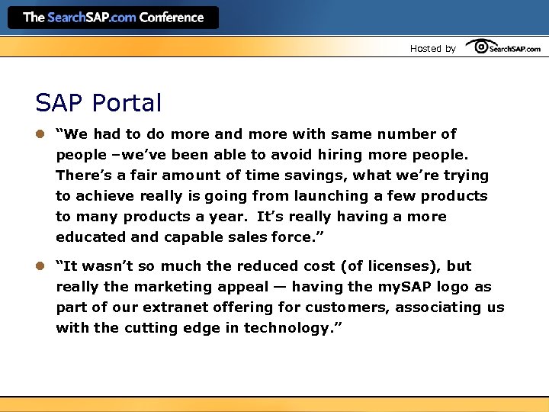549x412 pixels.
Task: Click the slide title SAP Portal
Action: [98, 103]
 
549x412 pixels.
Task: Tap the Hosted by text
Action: [432, 49]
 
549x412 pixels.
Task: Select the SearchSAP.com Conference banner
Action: [113, 18]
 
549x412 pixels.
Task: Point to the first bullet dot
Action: [40, 134]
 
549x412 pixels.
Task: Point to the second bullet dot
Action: [40, 266]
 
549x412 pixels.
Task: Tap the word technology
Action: [291, 328]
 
